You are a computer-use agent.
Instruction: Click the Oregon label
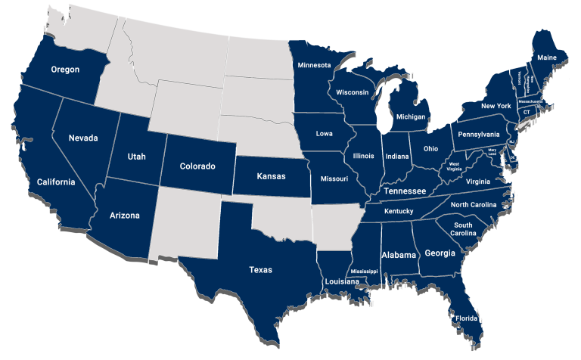[65, 70]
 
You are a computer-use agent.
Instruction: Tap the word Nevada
[82, 138]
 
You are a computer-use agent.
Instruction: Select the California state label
[56, 182]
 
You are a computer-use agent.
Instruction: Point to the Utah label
[137, 157]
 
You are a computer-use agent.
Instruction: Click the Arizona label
[125, 216]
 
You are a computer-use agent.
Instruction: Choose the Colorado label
[197, 166]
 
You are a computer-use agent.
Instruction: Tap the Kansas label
[271, 176]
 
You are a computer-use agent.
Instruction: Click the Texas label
[260, 269]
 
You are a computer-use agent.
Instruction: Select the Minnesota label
[313, 65]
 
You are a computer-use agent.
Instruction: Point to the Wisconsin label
[352, 92]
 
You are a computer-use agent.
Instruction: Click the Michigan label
[411, 118]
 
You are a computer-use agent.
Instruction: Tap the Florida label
[466, 318]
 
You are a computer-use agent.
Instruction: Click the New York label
[496, 106]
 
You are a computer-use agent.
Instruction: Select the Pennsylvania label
[477, 134]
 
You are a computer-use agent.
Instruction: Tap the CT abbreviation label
[527, 112]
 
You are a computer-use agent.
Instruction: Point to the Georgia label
[440, 253]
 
